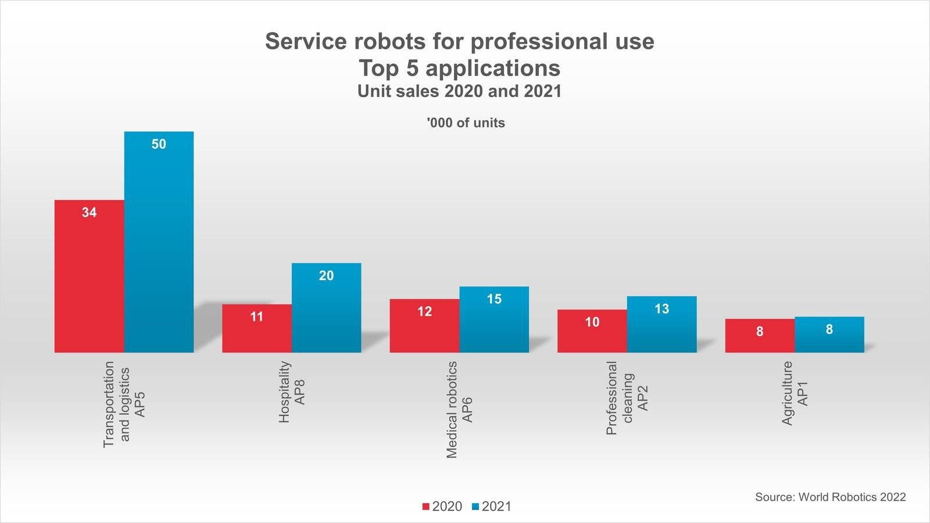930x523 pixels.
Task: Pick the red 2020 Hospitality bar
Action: pos(256,331)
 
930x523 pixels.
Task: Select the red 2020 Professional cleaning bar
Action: pos(592,334)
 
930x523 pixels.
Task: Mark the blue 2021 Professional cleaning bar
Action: pos(661,328)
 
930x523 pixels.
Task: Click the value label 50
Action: pos(159,144)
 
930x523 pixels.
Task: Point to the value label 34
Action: pos(89,213)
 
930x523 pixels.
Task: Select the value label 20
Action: pos(326,275)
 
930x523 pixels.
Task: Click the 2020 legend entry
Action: pos(442,507)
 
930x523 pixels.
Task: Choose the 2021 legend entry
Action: pos(492,507)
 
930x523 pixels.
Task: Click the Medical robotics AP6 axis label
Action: pos(459,410)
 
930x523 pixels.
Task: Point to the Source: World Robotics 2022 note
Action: pos(830,497)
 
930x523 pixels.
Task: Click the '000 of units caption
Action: pos(466,123)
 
